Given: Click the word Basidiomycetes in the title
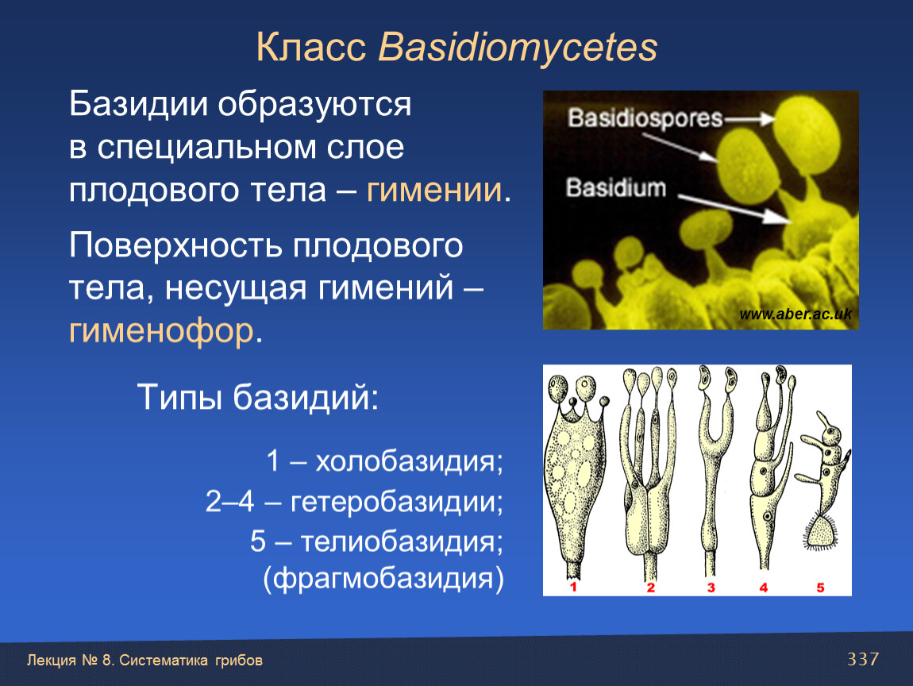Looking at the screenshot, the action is point(518,47).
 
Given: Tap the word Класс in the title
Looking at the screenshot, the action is point(311,47).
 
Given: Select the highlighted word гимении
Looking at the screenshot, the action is point(433,190).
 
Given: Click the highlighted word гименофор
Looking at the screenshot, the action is point(161,331).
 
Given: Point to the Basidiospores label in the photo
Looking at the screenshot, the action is point(645,118).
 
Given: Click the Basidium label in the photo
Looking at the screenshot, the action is point(616,188).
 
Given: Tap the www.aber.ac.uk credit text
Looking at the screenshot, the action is point(796,314).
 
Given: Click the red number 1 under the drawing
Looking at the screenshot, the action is point(573,587).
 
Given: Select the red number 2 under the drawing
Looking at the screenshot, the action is point(650,588).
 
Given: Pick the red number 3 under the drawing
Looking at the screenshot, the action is point(711,588).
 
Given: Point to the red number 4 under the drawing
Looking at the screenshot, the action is point(764,588).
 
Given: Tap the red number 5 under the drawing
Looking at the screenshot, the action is point(820,588).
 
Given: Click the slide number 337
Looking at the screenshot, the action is point(863,659).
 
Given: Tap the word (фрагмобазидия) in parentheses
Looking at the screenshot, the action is point(383,579).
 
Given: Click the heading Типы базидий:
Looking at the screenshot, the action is point(258,398).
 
